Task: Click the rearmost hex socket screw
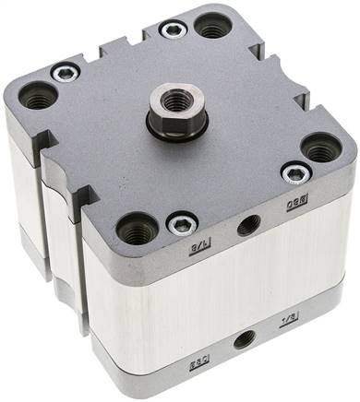[x=173, y=30]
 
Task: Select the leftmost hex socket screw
[x=64, y=73]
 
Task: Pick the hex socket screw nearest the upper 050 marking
[x=295, y=171]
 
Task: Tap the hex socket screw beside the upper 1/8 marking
[x=181, y=223]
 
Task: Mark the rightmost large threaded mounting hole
[x=320, y=146]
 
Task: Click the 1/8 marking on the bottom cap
[x=287, y=319]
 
